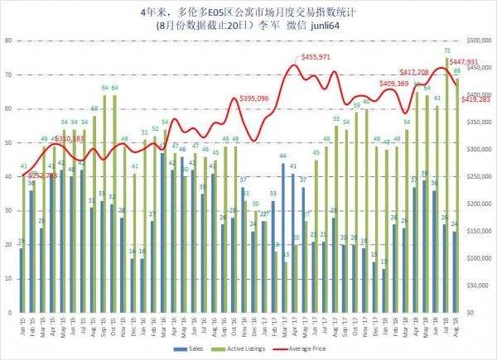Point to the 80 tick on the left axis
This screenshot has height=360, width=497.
pyautogui.click(x=7, y=40)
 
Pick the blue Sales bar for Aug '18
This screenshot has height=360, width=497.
pyautogui.click(x=454, y=272)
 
